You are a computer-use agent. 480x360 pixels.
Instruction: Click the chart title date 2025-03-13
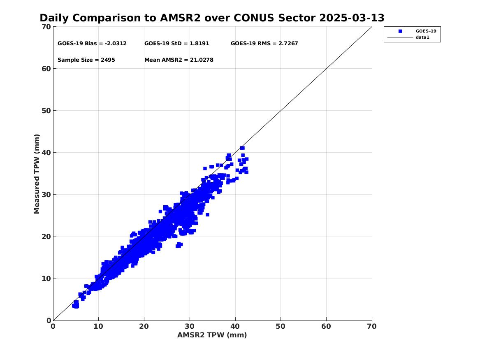[352, 18]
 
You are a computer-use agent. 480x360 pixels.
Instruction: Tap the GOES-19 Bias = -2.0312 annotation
[92, 44]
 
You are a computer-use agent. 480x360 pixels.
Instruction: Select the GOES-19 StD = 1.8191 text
[176, 44]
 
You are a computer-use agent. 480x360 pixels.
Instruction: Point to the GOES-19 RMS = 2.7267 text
[264, 44]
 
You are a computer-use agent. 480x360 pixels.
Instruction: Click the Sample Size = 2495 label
[86, 60]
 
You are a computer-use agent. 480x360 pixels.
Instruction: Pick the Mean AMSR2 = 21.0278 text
[179, 60]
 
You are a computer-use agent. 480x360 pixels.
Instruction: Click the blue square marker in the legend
[400, 31]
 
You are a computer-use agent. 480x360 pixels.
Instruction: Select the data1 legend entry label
[422, 37]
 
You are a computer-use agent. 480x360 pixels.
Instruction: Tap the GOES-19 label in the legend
[426, 31]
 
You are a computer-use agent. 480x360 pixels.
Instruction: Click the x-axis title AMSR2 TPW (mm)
[212, 335]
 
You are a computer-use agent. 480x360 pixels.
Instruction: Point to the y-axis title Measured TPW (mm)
[37, 174]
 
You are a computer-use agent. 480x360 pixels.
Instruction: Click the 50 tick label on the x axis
[281, 326]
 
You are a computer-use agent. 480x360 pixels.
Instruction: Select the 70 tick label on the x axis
[372, 326]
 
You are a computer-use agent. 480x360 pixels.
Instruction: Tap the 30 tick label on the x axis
[190, 326]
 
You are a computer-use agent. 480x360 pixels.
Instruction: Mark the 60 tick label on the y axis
[46, 69]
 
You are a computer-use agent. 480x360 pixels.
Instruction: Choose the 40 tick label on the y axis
[46, 153]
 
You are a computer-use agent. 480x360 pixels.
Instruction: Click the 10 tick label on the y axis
[46, 279]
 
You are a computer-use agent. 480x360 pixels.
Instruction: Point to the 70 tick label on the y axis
[46, 27]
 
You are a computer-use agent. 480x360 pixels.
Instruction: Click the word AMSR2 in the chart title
[180, 18]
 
